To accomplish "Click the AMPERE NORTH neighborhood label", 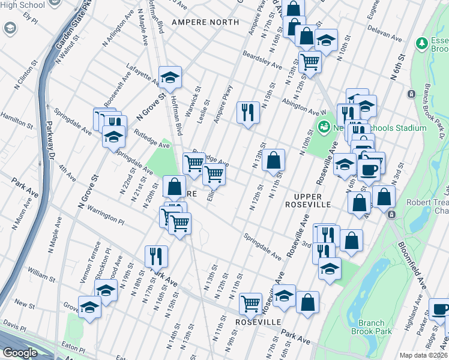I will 205,22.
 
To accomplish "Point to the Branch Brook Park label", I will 371,327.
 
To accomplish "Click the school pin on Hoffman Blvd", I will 170,76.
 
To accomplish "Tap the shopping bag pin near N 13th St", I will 273,160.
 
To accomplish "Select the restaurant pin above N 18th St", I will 155,256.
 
